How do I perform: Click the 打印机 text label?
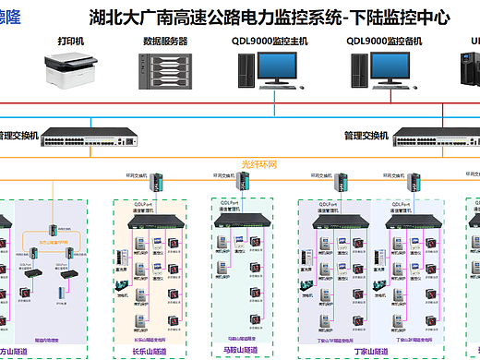click(x=70, y=42)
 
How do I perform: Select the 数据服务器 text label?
click(x=165, y=42)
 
